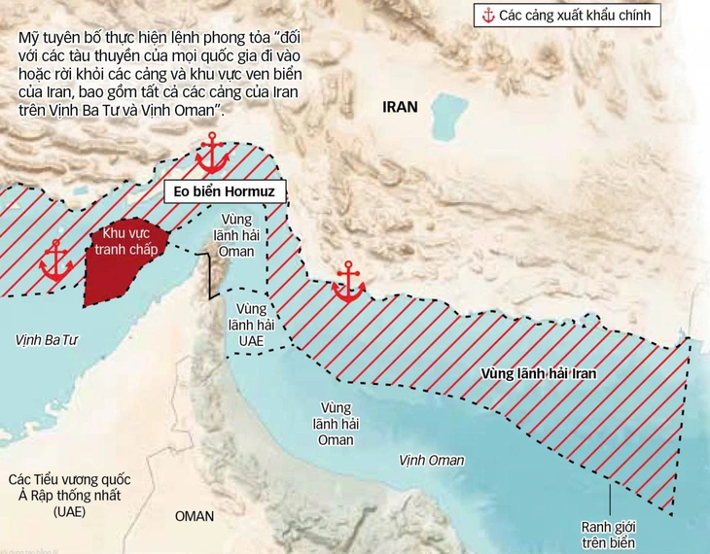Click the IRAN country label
pyautogui.click(x=399, y=108)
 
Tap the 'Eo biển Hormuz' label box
pyautogui.click(x=225, y=192)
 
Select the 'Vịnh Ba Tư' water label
pyautogui.click(x=47, y=340)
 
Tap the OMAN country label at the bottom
pyautogui.click(x=195, y=516)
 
